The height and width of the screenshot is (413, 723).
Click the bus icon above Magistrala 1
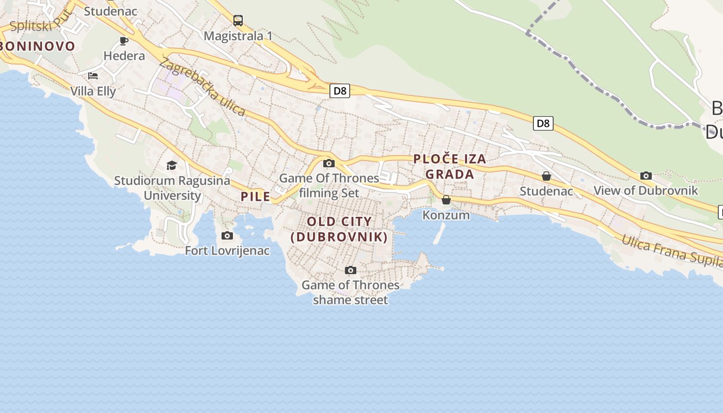tap(238, 21)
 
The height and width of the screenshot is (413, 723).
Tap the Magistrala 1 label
tap(238, 36)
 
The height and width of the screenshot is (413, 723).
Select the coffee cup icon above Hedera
tap(124, 41)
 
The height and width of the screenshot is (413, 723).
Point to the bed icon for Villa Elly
tap(93, 76)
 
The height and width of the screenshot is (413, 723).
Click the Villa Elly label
tap(93, 91)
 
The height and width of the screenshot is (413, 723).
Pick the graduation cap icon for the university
tap(171, 165)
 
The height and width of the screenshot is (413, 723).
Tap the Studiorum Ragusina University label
tap(172, 188)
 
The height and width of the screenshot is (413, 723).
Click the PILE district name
tap(256, 196)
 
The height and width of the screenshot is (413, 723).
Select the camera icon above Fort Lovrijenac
tap(227, 236)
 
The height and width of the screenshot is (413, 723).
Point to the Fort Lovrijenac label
tap(227, 251)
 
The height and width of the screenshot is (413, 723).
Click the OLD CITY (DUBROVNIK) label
tap(339, 229)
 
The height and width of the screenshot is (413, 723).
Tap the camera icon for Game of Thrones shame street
tap(351, 270)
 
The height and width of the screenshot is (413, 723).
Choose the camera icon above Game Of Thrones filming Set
tap(328, 164)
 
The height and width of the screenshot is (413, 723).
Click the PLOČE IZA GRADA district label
tap(450, 166)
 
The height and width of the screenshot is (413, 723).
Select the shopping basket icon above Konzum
tap(446, 200)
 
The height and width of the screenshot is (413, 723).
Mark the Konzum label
tap(446, 215)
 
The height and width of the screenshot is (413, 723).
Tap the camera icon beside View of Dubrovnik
tap(646, 176)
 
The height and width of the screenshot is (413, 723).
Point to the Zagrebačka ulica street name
tap(202, 87)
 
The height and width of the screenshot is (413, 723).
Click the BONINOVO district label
tap(38, 46)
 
